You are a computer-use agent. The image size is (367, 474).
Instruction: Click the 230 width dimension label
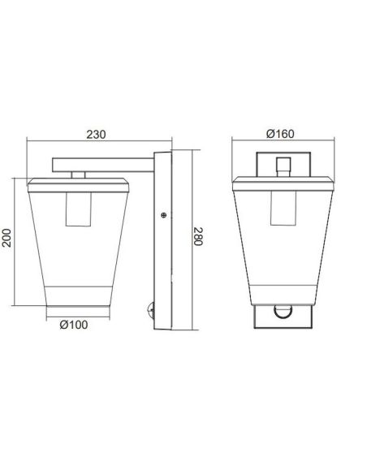[x=96, y=136]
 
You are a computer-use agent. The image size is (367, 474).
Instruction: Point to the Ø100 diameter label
[x=74, y=325]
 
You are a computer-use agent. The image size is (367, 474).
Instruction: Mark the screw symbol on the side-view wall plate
[x=163, y=215]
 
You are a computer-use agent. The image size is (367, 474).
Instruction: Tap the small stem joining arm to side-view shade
[x=79, y=173]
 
